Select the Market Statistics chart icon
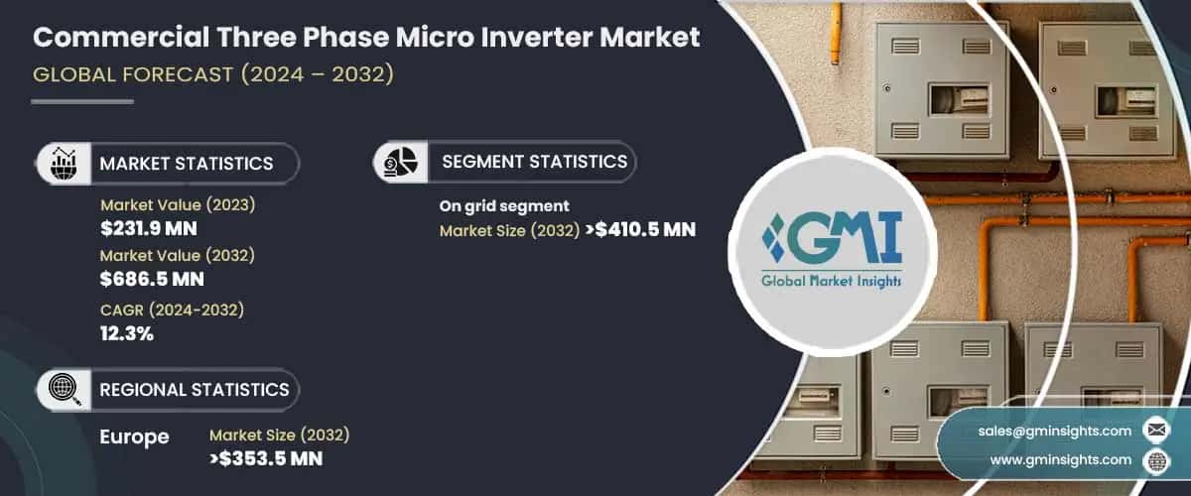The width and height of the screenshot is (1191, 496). pyautogui.click(x=65, y=163)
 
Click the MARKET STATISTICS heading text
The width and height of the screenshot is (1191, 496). pyautogui.click(x=186, y=164)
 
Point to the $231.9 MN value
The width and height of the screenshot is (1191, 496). pyautogui.click(x=149, y=229)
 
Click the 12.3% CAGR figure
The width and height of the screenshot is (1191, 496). pyautogui.click(x=127, y=333)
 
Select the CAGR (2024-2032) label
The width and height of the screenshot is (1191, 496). pyautogui.click(x=173, y=310)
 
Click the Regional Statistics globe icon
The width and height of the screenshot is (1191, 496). pyautogui.click(x=65, y=389)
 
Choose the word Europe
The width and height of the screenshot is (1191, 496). pyautogui.click(x=135, y=437)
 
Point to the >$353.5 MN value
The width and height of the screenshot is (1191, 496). pyautogui.click(x=266, y=458)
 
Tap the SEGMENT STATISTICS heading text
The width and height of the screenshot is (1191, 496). pyautogui.click(x=534, y=161)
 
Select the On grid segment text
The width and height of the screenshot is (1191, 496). pyautogui.click(x=504, y=206)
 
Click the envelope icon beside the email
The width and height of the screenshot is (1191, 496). pyautogui.click(x=1155, y=430)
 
